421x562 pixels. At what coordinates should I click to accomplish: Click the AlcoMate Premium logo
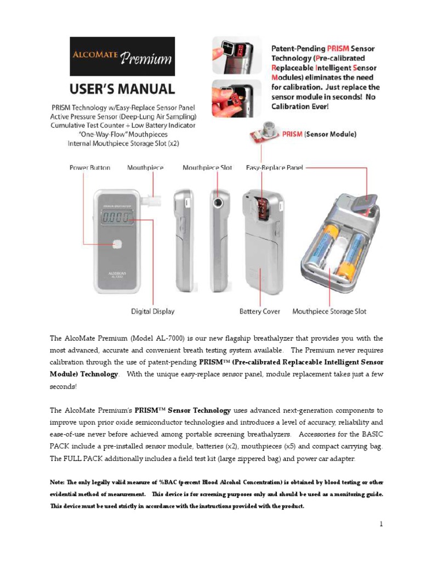(122, 57)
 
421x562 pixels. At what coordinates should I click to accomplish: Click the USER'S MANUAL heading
(122, 89)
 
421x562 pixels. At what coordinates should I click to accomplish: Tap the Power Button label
(89, 167)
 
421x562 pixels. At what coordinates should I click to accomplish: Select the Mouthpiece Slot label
(207, 167)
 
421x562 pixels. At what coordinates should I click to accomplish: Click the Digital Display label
(152, 311)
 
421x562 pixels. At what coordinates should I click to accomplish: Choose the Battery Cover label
(259, 311)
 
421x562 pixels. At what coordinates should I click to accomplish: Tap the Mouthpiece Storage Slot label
(329, 311)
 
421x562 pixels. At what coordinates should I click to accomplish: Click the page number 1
(381, 524)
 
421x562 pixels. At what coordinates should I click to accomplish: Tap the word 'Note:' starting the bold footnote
(57, 482)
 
